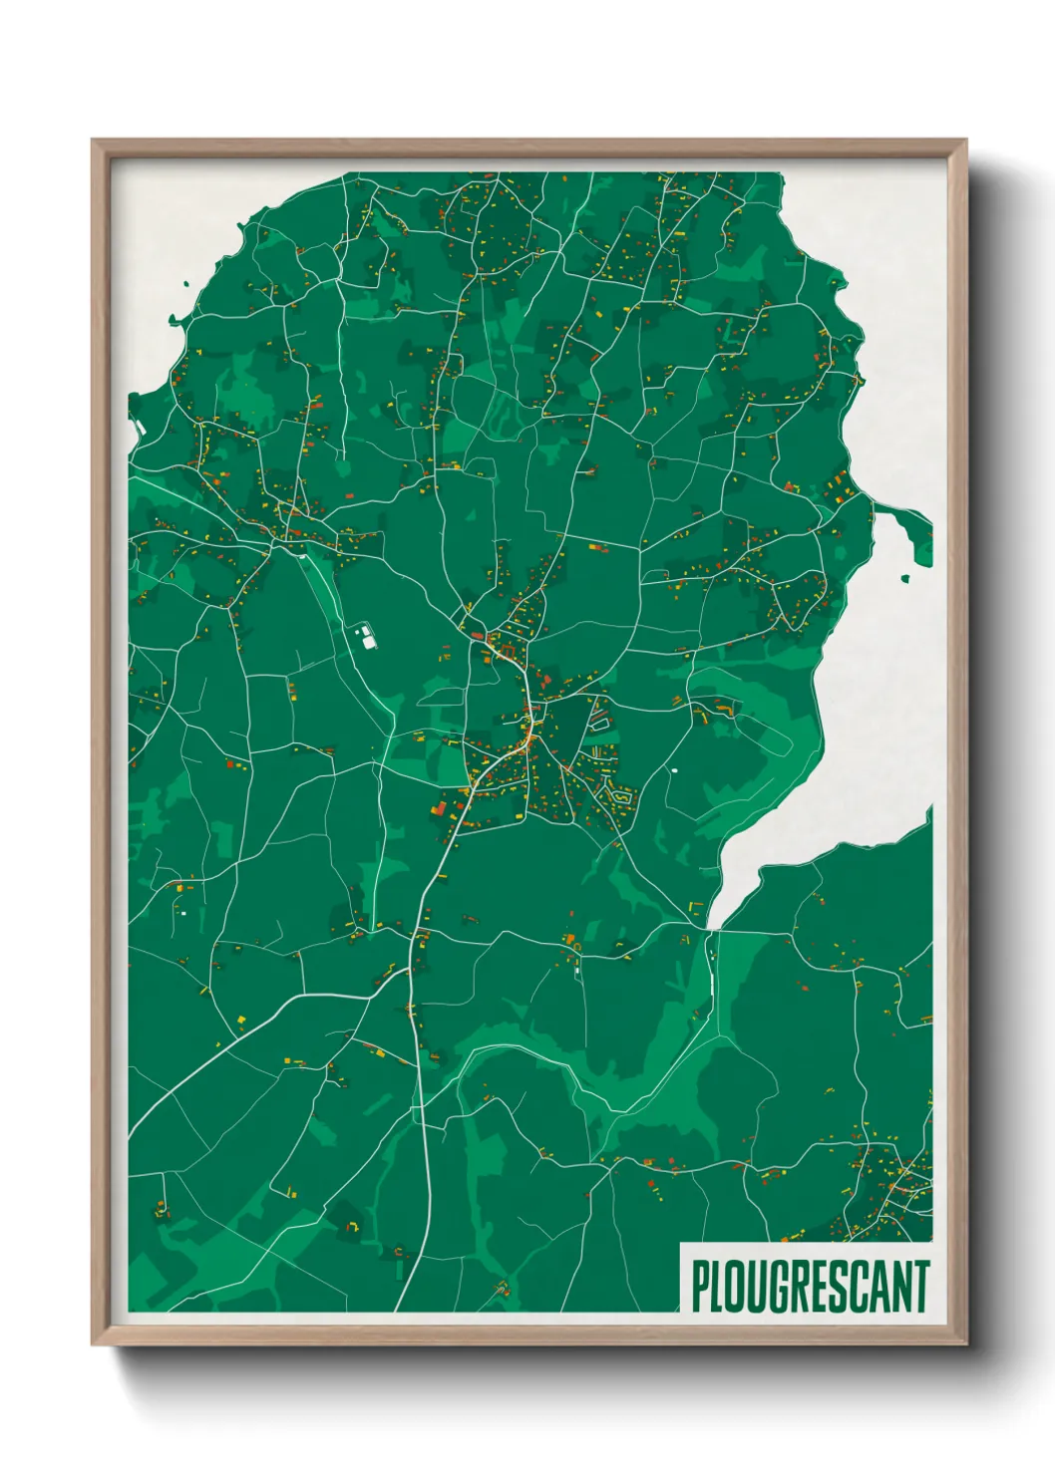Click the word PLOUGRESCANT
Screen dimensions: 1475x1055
(x=810, y=1287)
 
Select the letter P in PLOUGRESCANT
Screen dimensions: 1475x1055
(x=701, y=1287)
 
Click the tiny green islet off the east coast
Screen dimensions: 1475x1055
(x=905, y=577)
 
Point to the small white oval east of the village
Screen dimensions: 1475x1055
(x=674, y=769)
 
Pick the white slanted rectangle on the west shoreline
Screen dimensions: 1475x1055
(x=141, y=428)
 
